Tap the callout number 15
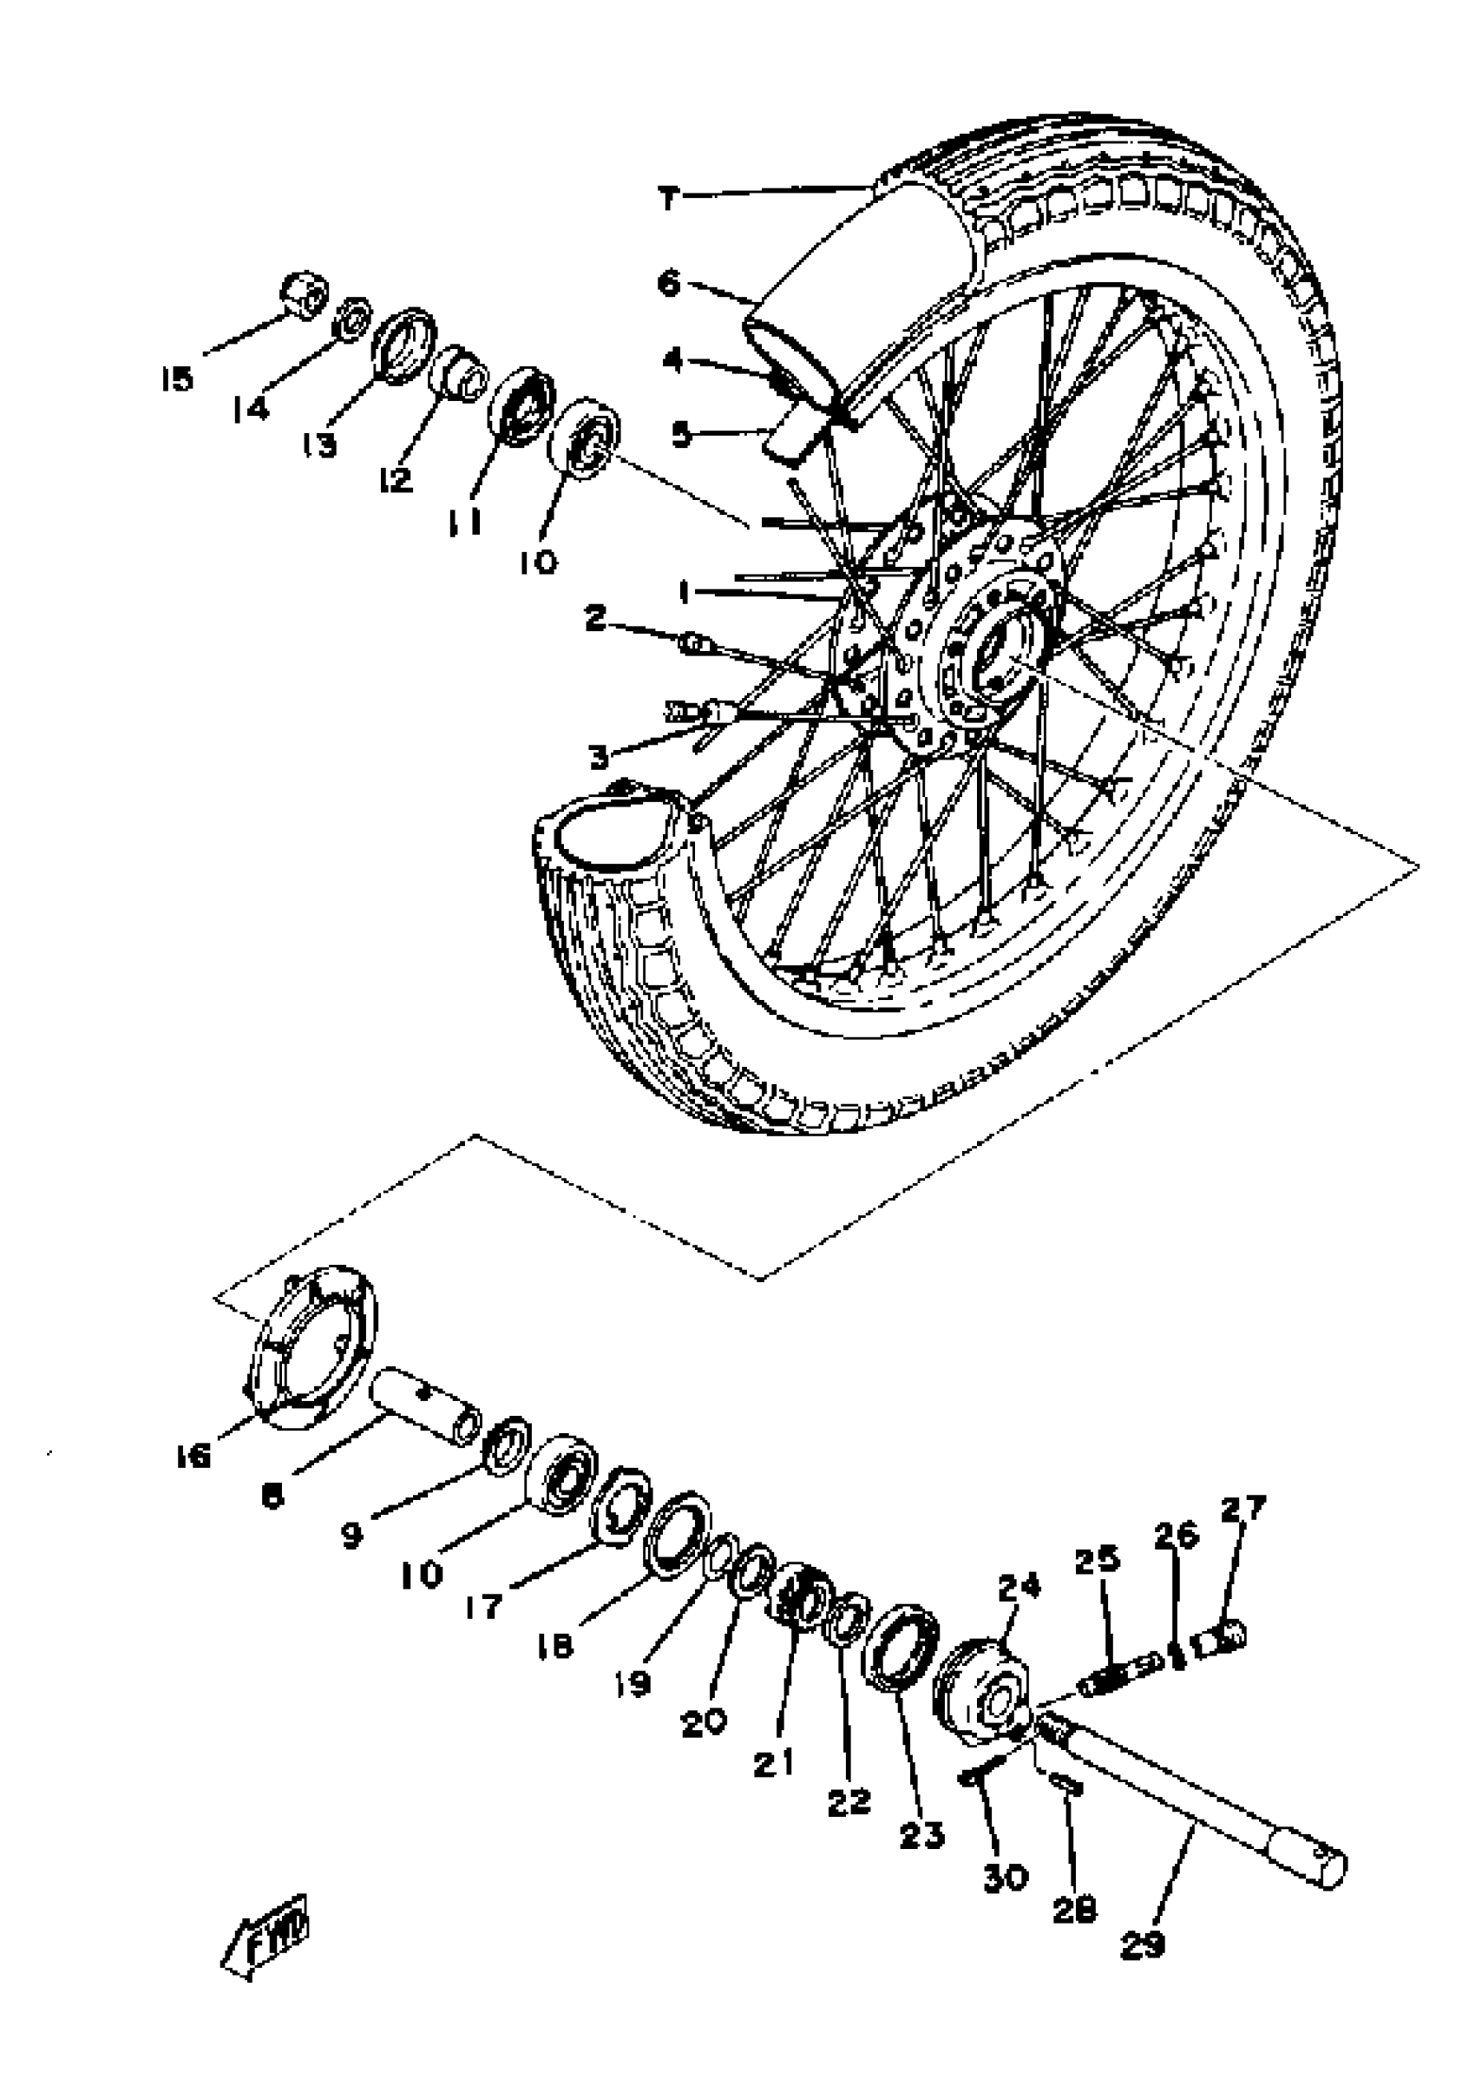pyautogui.click(x=176, y=378)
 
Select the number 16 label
pyautogui.click(x=193, y=1457)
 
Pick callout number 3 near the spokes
pyautogui.click(x=599, y=756)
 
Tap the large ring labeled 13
pyautogui.click(x=404, y=344)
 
